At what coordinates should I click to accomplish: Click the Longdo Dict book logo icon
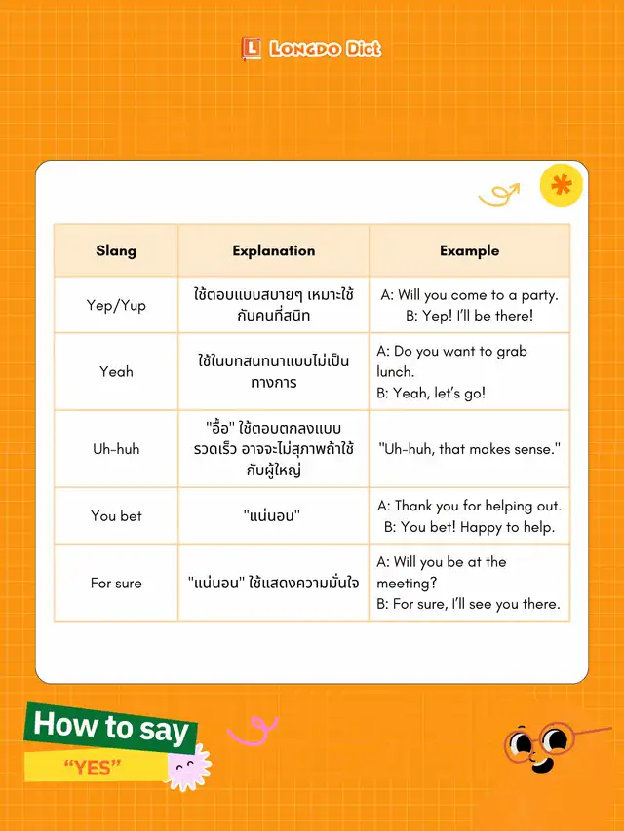point(251,49)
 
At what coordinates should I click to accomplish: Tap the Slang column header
point(116,250)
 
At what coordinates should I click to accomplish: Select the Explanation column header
point(273,250)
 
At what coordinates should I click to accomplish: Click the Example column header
point(469,250)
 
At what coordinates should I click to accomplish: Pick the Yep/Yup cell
point(116,305)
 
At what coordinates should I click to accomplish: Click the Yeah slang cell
point(116,371)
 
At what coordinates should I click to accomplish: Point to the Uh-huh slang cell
point(116,449)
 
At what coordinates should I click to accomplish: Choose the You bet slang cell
point(116,515)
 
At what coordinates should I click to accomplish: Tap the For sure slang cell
point(116,583)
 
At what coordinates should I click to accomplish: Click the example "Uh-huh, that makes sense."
point(469,449)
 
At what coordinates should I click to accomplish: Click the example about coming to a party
point(469,305)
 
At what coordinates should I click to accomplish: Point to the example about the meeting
point(468,583)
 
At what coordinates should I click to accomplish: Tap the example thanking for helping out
point(469,516)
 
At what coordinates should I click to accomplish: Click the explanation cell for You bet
point(273,515)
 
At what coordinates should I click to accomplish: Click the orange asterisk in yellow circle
point(561,185)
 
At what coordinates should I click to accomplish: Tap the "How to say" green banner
point(110,726)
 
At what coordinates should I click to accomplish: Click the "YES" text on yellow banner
point(92,769)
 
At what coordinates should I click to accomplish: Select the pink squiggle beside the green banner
point(253,730)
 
